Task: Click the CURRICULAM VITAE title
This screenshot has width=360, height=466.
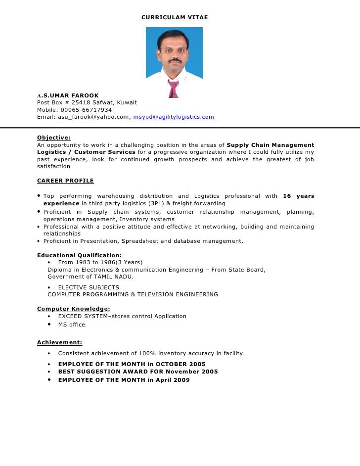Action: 175,18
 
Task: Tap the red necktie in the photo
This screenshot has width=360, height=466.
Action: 173,89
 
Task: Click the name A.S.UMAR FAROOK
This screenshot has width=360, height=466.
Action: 68,95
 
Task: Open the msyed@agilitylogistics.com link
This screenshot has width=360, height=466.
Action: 174,117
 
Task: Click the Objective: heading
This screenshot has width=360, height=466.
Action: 54,138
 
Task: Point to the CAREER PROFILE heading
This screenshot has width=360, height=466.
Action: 65,181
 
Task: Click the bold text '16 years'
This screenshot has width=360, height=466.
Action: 298,196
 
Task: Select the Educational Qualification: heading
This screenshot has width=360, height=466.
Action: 80,255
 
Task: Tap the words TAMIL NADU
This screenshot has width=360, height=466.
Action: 115,277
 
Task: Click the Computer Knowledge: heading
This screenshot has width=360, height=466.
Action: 74,309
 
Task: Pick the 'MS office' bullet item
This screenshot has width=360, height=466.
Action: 72,325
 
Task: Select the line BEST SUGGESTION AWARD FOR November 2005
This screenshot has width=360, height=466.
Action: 138,372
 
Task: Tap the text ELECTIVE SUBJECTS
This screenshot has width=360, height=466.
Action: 89,287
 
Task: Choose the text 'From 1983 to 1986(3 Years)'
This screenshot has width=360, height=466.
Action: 100,262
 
